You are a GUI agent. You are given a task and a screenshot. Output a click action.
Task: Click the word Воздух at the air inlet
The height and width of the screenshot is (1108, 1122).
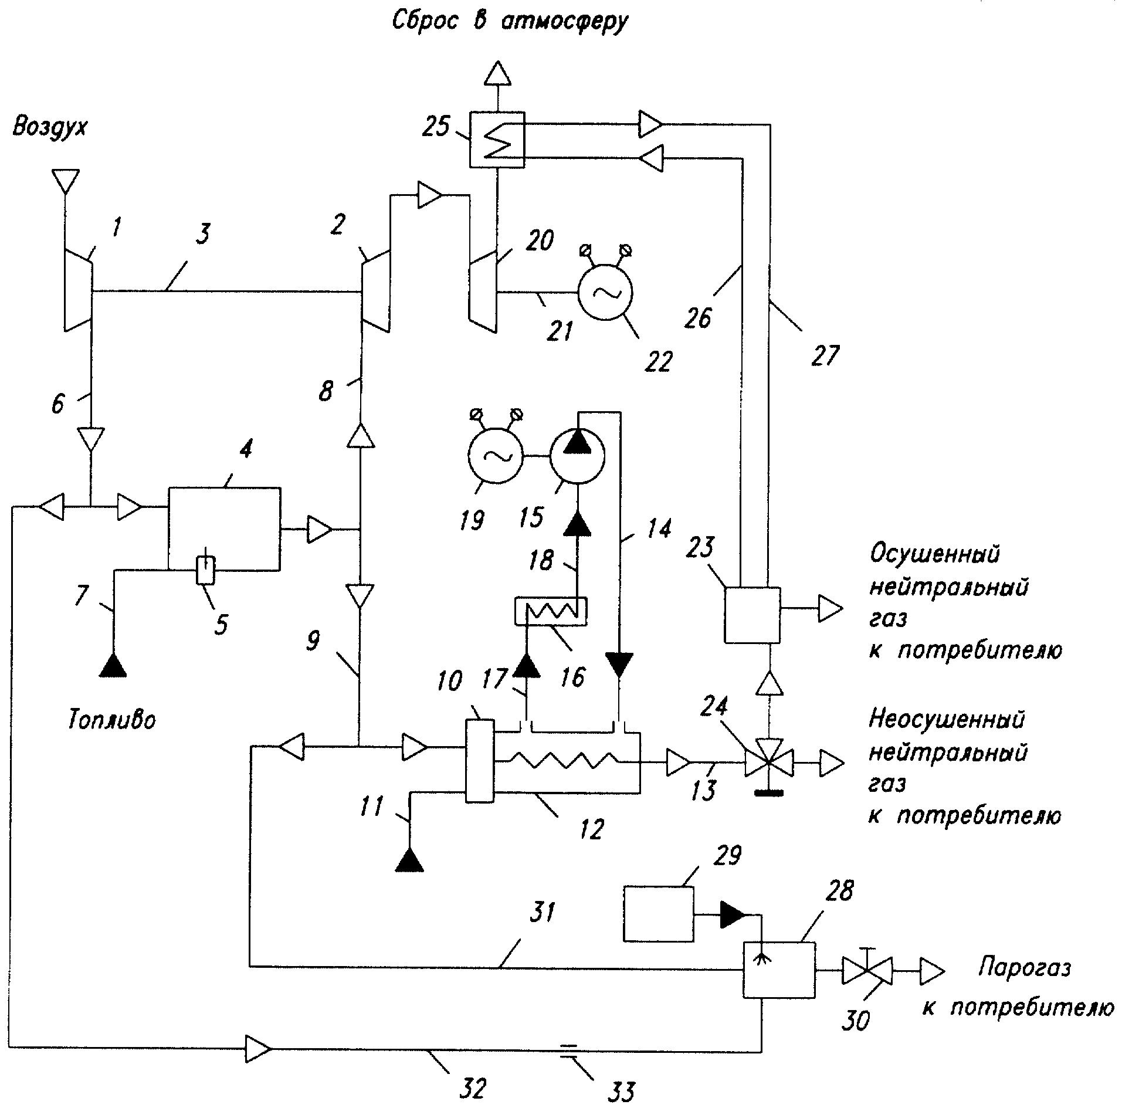(50, 127)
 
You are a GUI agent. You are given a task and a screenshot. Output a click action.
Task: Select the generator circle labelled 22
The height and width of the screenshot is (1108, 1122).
(605, 292)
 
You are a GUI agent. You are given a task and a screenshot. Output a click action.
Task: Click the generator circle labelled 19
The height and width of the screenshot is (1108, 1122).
(494, 456)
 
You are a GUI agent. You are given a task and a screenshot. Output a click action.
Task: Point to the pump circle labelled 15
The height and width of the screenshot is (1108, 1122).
(577, 456)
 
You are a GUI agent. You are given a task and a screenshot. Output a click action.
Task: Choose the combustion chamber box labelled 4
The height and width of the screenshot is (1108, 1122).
(223, 528)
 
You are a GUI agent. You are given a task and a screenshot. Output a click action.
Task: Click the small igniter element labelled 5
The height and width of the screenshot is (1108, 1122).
(205, 569)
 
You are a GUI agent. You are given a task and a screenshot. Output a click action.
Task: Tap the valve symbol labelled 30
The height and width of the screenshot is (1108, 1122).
(867, 970)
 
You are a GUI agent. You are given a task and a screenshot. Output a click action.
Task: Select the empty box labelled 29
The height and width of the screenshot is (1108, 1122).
(658, 914)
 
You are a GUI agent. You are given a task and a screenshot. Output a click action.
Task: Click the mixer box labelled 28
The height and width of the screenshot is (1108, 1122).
(779, 969)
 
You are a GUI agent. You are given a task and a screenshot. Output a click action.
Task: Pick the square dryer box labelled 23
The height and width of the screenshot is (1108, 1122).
(752, 614)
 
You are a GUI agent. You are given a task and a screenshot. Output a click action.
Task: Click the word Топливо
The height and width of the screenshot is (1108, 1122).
(111, 720)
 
